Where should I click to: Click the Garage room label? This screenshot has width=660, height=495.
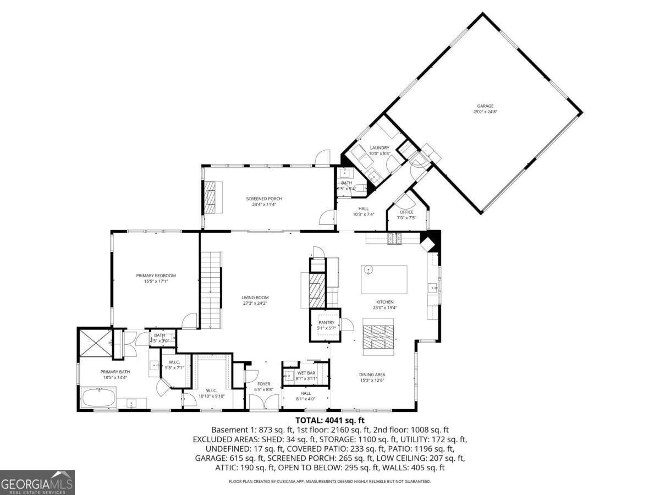tap(485, 106)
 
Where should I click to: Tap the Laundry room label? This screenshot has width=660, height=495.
tap(380, 148)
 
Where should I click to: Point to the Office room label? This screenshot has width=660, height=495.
tap(406, 212)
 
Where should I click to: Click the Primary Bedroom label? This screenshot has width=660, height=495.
tap(156, 276)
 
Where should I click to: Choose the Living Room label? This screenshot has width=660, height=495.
tap(255, 298)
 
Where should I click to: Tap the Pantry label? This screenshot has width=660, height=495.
tap(326, 323)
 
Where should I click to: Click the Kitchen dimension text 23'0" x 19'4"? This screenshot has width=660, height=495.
tap(384, 307)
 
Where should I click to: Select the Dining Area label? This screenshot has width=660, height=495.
tap(372, 375)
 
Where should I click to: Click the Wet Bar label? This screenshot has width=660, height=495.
tap(306, 373)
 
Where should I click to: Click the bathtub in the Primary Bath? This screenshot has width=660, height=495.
tap(99, 397)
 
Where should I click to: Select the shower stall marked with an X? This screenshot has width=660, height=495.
tap(95, 344)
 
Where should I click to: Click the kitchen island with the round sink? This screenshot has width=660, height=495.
tap(384, 279)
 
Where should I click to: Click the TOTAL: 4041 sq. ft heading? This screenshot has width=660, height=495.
tap(329, 421)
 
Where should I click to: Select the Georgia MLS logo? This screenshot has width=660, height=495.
tap(37, 482)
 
